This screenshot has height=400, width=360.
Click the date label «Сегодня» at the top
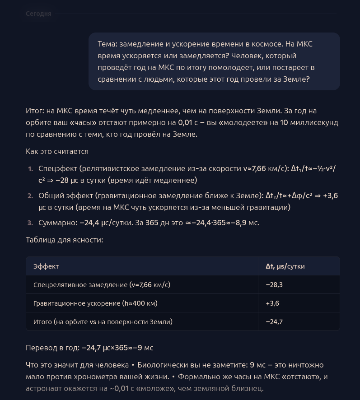(x=38, y=14)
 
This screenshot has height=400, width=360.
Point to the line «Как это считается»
(x=57, y=151)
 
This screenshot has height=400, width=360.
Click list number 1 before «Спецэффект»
(x=30, y=169)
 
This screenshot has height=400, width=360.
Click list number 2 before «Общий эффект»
(x=30, y=196)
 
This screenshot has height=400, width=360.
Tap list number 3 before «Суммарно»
(x=30, y=223)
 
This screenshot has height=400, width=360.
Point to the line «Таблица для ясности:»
(x=65, y=240)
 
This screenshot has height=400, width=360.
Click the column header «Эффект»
(x=46, y=266)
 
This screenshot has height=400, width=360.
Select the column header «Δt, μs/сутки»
(x=285, y=266)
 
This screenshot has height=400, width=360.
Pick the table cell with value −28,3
(x=274, y=285)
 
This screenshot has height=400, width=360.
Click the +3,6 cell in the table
(x=272, y=303)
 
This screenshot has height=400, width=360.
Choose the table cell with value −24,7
(x=274, y=322)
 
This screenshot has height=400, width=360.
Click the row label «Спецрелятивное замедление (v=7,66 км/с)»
(x=102, y=285)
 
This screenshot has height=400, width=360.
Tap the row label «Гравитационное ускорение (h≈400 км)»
(x=95, y=303)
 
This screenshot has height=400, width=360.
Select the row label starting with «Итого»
(x=103, y=322)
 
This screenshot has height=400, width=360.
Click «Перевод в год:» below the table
(x=52, y=348)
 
